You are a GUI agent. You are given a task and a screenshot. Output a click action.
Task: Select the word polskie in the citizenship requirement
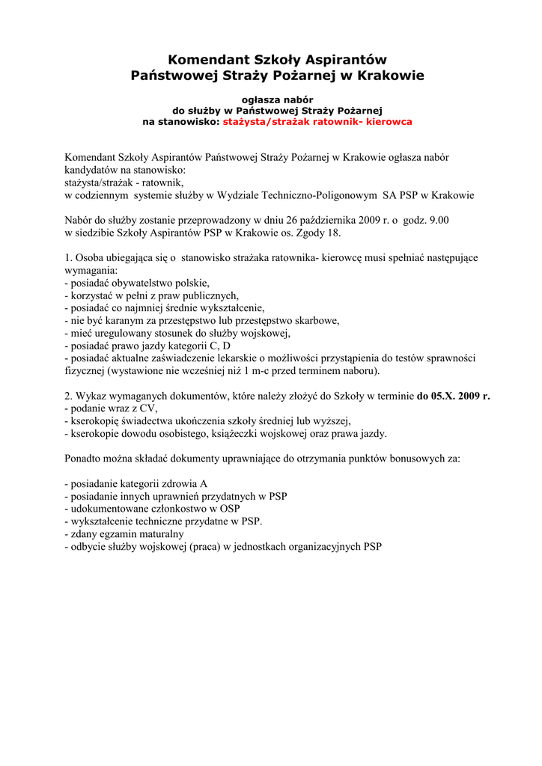tap(192, 283)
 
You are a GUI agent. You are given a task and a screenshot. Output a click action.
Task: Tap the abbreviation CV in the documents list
tap(148, 408)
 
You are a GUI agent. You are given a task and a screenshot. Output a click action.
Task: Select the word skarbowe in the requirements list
tap(317, 320)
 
